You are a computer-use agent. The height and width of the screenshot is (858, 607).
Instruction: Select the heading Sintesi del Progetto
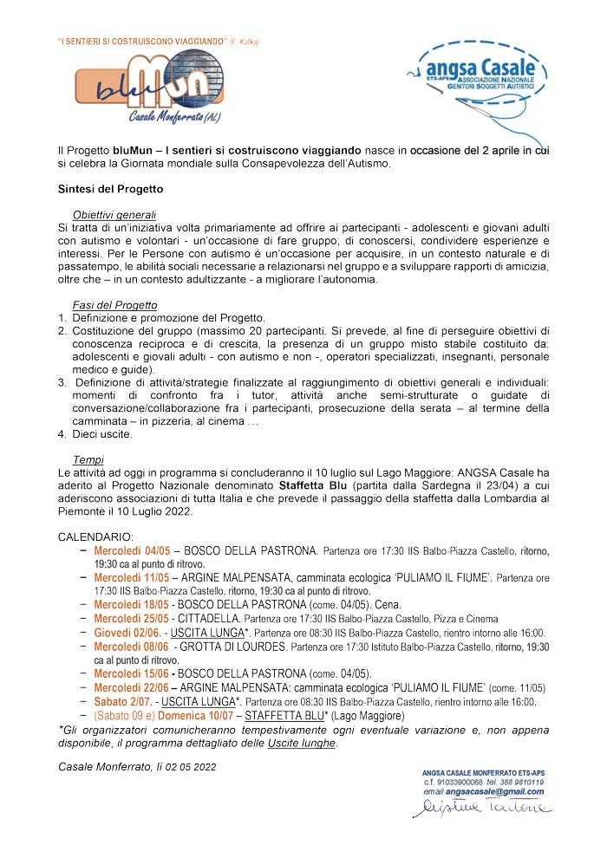110,188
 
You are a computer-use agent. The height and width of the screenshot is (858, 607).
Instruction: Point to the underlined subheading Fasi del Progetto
114,304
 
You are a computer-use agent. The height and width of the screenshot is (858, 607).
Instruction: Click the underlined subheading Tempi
88,460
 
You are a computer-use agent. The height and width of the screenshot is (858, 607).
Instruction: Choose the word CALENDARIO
95,538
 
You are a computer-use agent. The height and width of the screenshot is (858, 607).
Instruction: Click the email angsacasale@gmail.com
497,791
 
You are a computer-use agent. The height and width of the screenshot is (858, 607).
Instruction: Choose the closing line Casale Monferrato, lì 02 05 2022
137,767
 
